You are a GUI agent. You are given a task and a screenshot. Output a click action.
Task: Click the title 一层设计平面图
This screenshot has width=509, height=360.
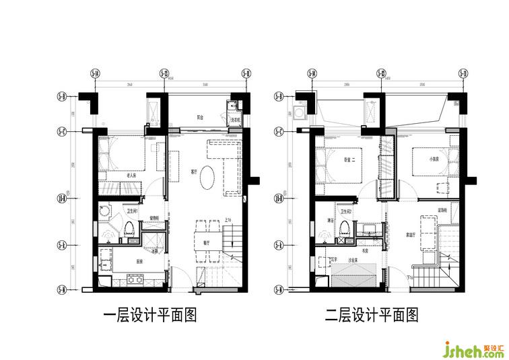pos(149,315)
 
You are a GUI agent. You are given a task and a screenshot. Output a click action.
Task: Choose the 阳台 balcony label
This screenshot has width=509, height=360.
pos(201,116)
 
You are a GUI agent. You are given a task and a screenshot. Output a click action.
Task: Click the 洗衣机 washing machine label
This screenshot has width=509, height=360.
pos(236,120)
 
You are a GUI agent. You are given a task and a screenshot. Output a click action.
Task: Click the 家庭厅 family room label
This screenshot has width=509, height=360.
pos(411,236)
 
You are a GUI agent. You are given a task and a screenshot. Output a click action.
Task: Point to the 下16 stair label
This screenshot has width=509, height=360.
pos(410,278)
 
